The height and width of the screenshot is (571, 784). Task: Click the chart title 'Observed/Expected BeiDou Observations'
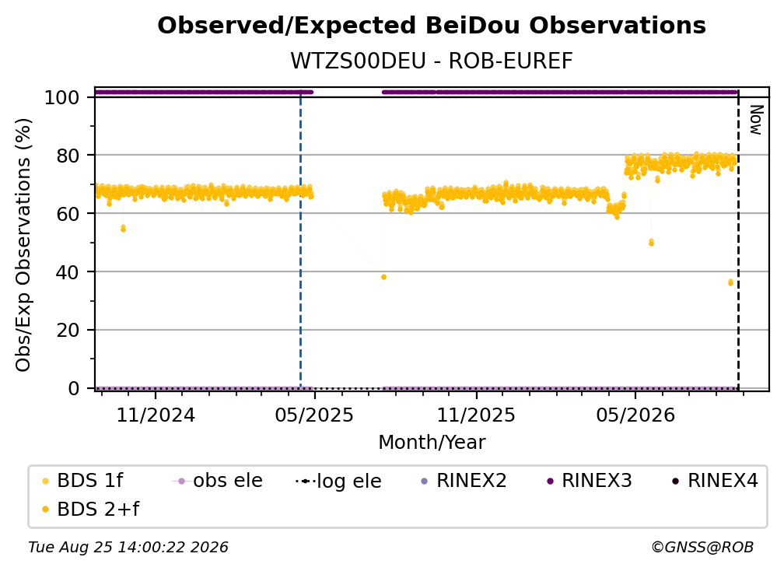click(x=432, y=26)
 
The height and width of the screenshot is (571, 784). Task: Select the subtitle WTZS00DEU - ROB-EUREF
click(x=432, y=61)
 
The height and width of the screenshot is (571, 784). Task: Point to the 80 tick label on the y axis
click(x=68, y=156)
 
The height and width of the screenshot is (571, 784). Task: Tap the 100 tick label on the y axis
click(x=62, y=97)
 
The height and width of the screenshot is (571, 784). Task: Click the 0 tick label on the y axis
click(x=74, y=388)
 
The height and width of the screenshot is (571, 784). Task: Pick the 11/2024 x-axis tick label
click(x=156, y=415)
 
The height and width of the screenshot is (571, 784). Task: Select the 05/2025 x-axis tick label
click(x=314, y=415)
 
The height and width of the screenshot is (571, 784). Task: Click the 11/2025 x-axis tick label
click(x=476, y=415)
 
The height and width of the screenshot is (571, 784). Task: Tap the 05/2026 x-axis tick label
click(x=635, y=415)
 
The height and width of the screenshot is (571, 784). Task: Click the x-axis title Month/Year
click(x=432, y=443)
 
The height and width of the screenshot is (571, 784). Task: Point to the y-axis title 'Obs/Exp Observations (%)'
click(x=23, y=245)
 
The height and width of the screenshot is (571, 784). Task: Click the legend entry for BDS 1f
click(x=82, y=481)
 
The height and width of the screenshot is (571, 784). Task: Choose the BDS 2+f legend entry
click(x=90, y=510)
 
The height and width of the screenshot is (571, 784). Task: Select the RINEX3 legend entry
click(x=590, y=481)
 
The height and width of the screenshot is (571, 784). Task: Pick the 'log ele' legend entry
click(x=338, y=482)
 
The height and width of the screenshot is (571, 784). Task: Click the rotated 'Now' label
click(x=755, y=120)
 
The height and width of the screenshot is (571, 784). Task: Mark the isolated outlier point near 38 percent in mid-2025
click(x=383, y=277)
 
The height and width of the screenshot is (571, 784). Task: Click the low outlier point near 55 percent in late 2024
click(x=123, y=229)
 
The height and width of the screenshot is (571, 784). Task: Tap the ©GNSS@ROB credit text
click(x=702, y=548)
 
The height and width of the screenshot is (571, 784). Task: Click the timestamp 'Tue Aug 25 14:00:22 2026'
click(x=128, y=548)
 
